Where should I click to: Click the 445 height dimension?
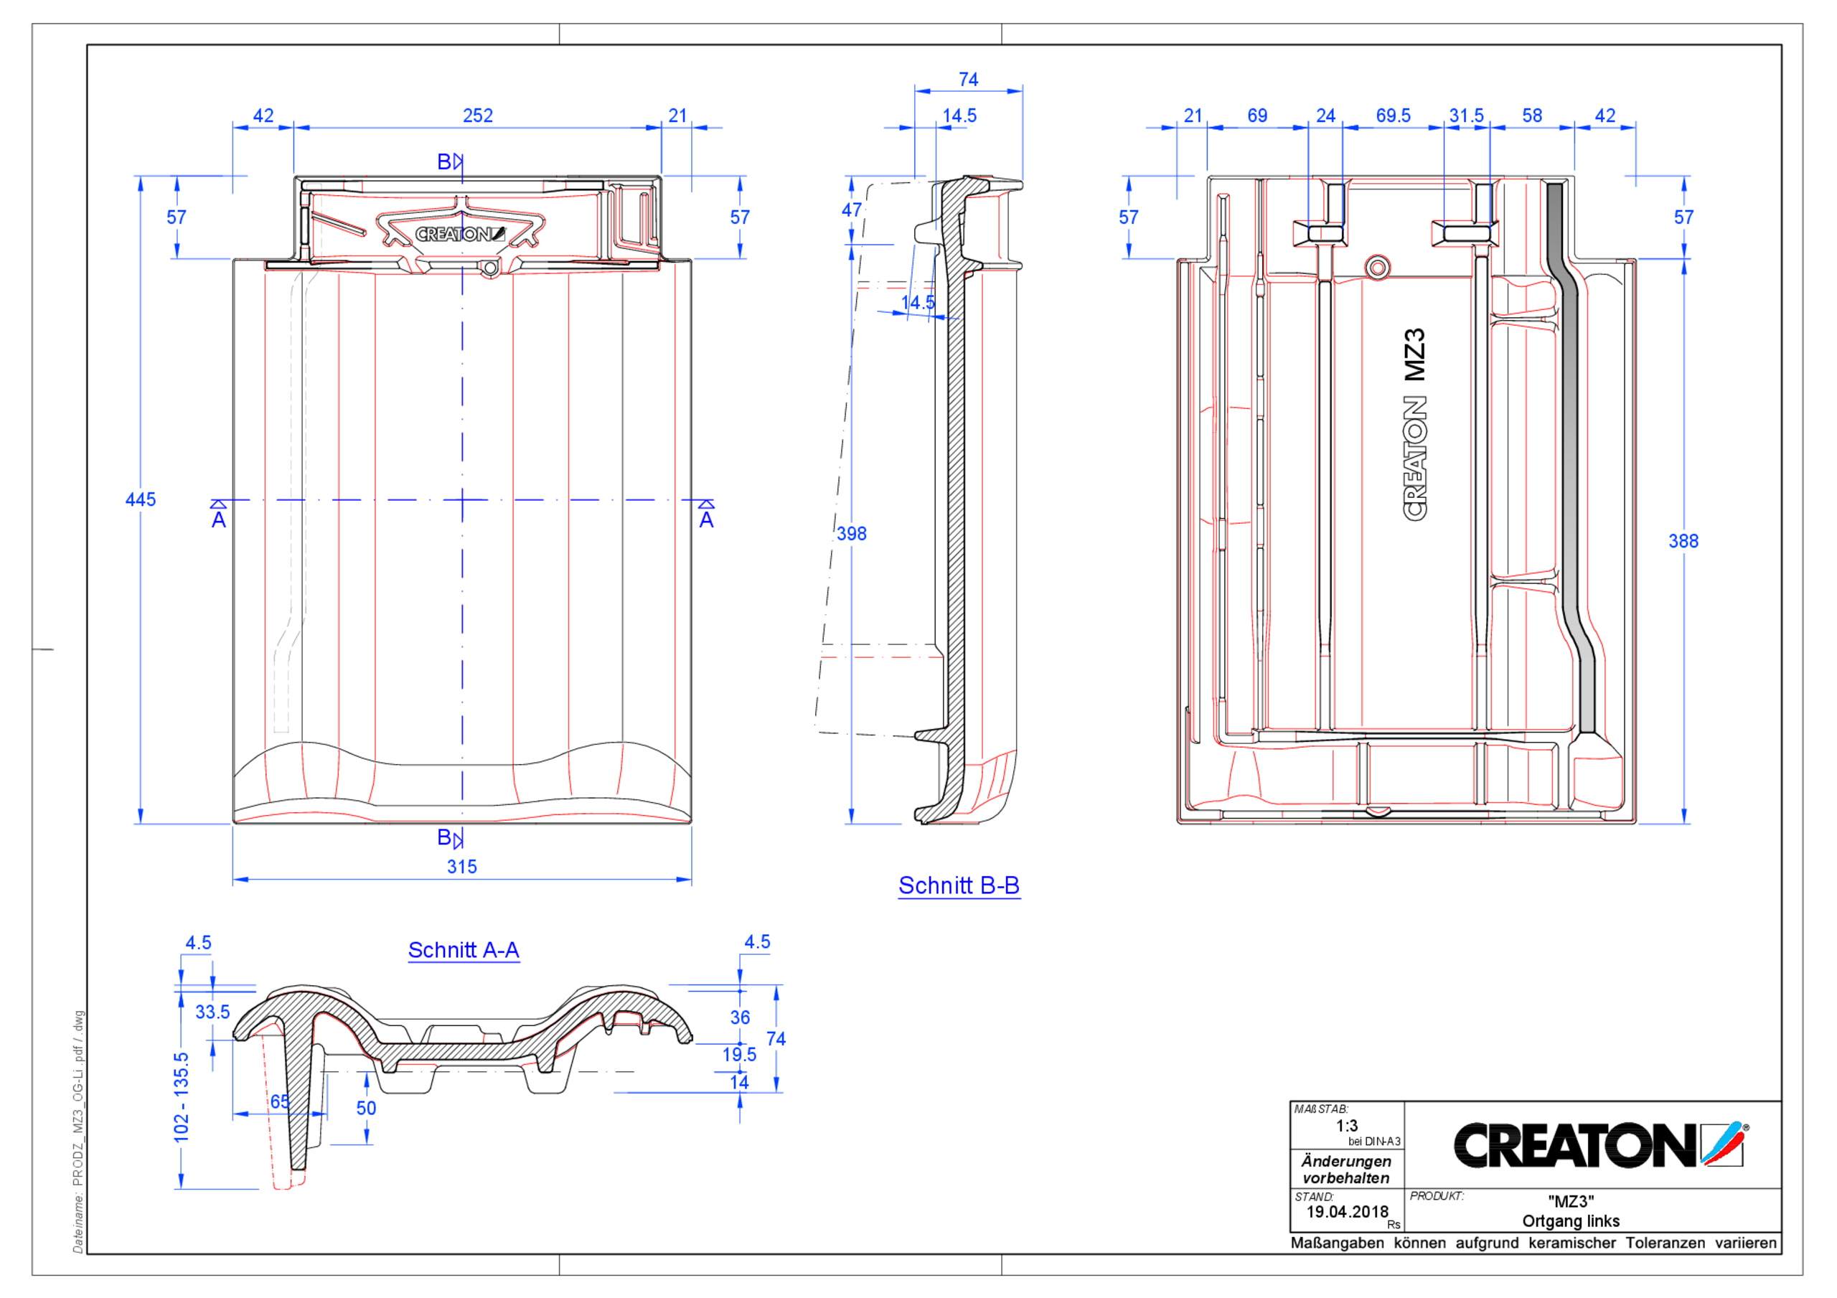coord(140,499)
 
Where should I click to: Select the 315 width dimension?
coord(461,867)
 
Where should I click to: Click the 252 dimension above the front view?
coord(478,116)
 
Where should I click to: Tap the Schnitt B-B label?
coord(959,886)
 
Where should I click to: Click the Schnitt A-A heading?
coord(464,950)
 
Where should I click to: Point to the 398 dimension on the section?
coord(851,534)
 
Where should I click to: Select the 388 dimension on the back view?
coord(1683,541)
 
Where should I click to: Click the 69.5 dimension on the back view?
coord(1393,116)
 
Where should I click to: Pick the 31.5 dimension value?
coord(1466,116)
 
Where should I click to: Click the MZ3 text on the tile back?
coord(1414,354)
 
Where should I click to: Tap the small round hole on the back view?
coord(1377,268)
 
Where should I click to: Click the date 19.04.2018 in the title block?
coord(1347,1212)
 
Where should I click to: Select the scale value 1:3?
coord(1347,1126)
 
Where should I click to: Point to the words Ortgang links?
coord(1571,1221)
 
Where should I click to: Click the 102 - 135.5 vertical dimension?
coord(182,1097)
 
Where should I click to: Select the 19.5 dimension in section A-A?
coord(738,1055)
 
